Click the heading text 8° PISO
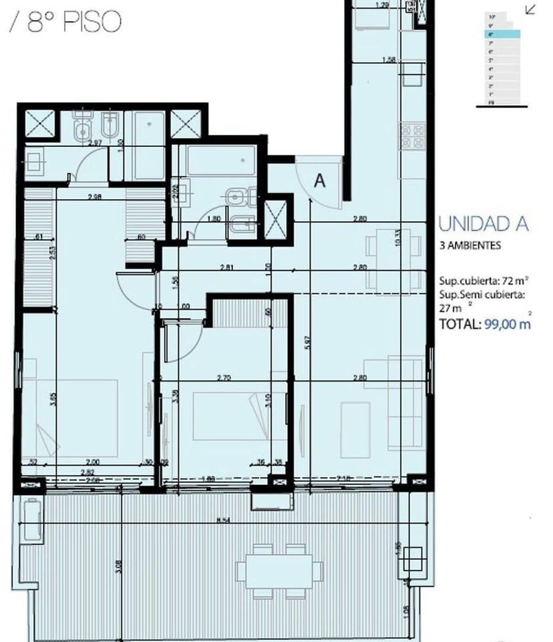pyautogui.click(x=73, y=21)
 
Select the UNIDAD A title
pyautogui.click(x=483, y=224)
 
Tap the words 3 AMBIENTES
pyautogui.click(x=470, y=245)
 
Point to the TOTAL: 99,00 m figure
pyautogui.click(x=484, y=324)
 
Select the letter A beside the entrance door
pyautogui.click(x=320, y=180)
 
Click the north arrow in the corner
pyautogui.click(x=531, y=9)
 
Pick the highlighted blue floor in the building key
pyautogui.click(x=502, y=33)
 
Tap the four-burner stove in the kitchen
pyautogui.click(x=412, y=136)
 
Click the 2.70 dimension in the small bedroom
pyautogui.click(x=224, y=378)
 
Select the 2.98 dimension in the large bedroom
pyautogui.click(x=94, y=196)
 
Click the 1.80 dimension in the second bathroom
pyautogui.click(x=214, y=218)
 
